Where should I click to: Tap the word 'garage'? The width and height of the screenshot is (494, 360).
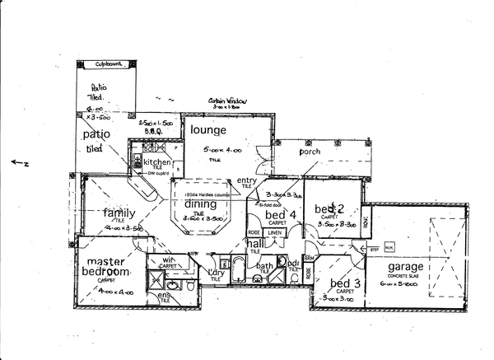click(x=401, y=267)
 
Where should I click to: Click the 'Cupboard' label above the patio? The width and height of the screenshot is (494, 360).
click(x=109, y=63)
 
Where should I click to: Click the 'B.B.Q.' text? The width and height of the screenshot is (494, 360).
click(x=151, y=129)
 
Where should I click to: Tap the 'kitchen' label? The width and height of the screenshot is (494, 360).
click(x=156, y=162)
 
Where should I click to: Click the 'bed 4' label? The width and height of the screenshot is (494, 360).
click(x=275, y=215)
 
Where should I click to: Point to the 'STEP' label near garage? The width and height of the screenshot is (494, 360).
click(x=373, y=248)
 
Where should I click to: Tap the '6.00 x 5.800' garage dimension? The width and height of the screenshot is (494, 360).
click(x=401, y=283)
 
